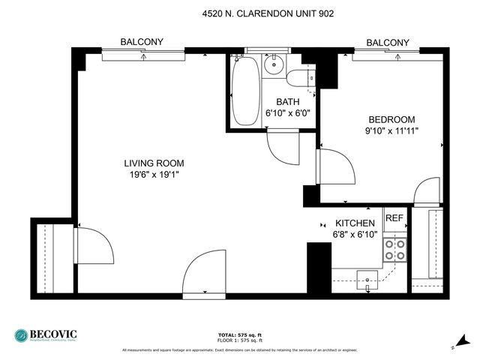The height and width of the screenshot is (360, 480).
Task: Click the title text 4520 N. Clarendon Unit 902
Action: click(268, 13)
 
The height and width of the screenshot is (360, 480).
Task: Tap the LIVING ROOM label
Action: click(154, 163)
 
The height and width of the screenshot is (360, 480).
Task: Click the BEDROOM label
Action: click(391, 119)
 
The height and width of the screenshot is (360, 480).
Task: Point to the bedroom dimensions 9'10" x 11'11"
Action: click(391, 130)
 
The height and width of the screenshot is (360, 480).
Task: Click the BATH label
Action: click(288, 102)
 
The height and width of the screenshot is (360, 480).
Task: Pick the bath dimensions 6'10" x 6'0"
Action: click(288, 113)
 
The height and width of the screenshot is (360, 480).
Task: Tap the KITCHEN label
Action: click(355, 223)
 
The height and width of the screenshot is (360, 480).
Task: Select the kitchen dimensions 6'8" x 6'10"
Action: click(355, 234)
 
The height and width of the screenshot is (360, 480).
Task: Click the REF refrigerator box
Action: click(394, 219)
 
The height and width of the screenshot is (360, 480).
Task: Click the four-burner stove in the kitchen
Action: click(394, 250)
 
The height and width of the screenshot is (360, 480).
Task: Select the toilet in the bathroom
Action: click(300, 77)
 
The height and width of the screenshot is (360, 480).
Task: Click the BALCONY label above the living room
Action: click(142, 43)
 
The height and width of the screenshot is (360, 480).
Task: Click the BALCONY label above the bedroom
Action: click(388, 43)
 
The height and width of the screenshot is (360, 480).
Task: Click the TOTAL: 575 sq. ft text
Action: click(239, 334)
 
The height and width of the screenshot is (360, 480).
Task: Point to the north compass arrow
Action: click(459, 341)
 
